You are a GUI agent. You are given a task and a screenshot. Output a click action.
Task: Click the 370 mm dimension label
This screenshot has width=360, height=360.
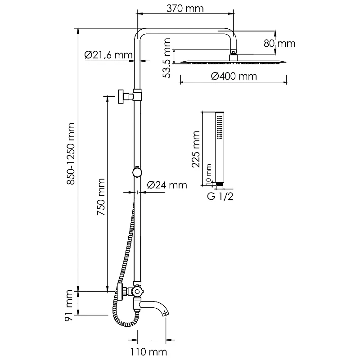(185, 9)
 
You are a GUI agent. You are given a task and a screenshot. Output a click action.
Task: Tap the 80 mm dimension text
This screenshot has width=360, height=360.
(279, 43)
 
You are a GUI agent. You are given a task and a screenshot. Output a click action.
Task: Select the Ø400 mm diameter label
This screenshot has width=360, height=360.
(234, 76)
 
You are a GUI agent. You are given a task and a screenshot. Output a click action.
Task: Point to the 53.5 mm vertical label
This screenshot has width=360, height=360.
(167, 58)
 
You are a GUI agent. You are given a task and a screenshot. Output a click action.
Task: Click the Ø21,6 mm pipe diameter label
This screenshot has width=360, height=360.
(108, 55)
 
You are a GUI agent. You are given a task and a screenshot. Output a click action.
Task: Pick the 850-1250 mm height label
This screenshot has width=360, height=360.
(71, 154)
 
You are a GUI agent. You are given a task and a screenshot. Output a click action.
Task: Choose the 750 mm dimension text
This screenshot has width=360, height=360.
(101, 197)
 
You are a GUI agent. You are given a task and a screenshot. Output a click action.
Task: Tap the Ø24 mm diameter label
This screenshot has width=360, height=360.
(167, 185)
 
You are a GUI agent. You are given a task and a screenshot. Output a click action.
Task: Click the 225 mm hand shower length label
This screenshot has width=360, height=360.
(196, 149)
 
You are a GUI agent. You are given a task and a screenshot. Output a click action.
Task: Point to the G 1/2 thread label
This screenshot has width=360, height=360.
(220, 196)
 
